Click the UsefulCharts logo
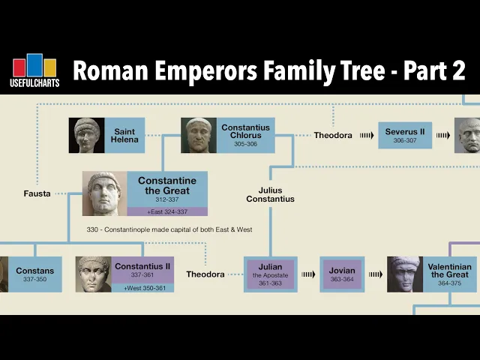35,71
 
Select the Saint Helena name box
124,136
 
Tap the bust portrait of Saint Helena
87,136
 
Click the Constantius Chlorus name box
245,136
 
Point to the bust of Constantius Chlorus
199,136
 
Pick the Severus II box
405,136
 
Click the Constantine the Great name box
166,189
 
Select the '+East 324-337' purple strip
166,211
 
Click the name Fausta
37,193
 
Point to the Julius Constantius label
271,194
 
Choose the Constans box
34,274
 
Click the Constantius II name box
142,270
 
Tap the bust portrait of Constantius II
93,274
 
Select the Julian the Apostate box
271,274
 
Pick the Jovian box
342,274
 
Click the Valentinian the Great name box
448,274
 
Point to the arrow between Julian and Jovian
308,274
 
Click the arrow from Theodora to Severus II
366,136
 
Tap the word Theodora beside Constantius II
205,274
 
